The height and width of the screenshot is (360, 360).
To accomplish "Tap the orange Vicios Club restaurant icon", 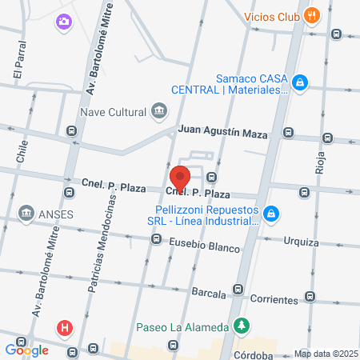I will pyautogui.click(x=313, y=14).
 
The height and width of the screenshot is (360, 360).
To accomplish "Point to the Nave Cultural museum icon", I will pyautogui.click(x=158, y=110).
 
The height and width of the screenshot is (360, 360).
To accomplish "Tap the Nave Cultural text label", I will pyautogui.click(x=117, y=110).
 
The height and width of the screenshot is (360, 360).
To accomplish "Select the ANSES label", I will pyautogui.click(x=54, y=214).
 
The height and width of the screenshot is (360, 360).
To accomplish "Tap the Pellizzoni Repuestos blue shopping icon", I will pyautogui.click(x=272, y=214).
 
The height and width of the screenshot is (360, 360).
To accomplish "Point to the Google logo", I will pyautogui.click(x=26, y=350).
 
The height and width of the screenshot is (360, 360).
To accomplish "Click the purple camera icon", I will pyautogui.click(x=63, y=22).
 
